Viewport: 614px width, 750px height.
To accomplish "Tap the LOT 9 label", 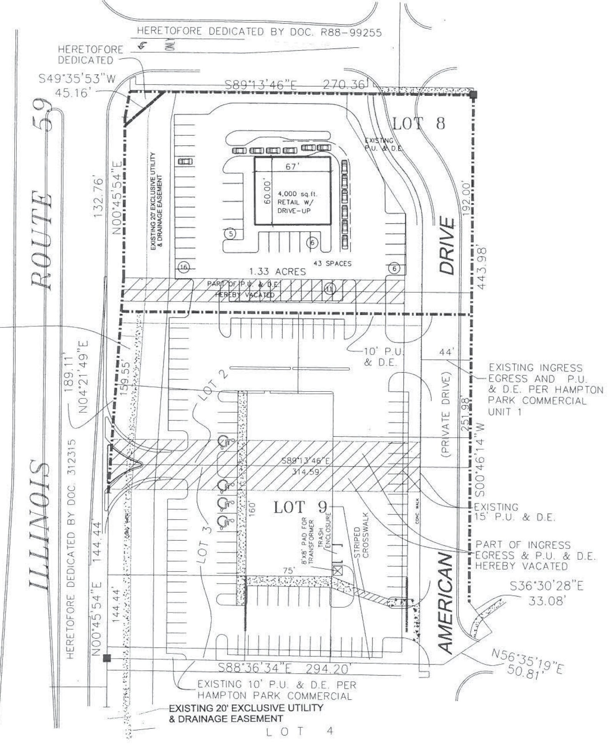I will coord(300,507).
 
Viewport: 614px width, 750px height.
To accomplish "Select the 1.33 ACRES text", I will coord(277,272).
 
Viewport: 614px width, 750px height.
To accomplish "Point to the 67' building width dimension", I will coord(292,167).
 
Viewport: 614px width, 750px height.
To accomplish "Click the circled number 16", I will coord(184,267).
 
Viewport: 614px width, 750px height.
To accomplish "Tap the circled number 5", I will coord(230,233).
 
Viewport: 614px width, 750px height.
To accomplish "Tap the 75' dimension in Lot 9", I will coord(288,570).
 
